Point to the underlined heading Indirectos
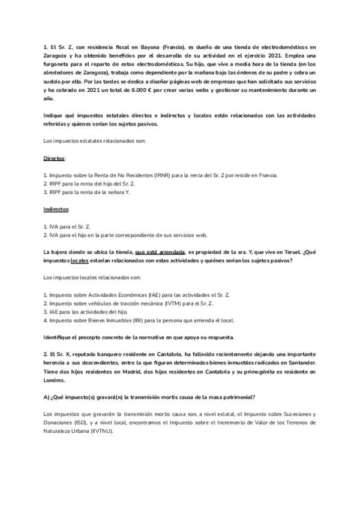(x=56, y=209)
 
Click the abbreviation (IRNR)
(x=163, y=175)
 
